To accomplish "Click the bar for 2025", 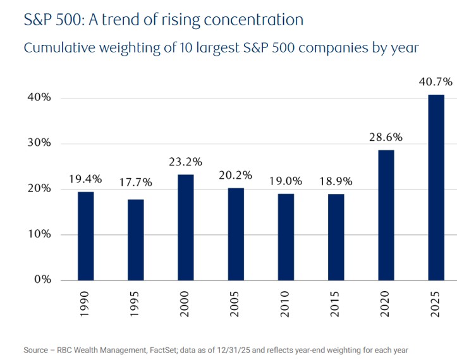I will point(436,187).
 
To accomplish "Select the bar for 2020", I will point(386,215).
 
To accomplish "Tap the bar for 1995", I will point(135,239).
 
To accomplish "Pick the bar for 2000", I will point(185,227).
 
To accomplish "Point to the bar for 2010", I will point(286,236).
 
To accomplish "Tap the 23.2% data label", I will point(185,161).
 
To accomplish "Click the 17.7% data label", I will point(135,183).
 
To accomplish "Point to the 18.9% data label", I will point(336,181).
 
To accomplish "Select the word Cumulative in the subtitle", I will point(55,47).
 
